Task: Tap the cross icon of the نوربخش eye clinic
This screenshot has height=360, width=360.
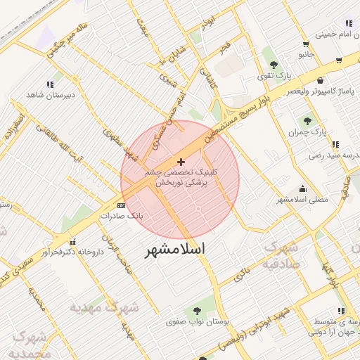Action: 181,162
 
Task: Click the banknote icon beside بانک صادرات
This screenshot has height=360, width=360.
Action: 121,205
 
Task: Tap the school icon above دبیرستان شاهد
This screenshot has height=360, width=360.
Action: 50,84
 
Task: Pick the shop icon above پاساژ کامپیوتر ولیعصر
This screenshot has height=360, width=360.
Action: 321,80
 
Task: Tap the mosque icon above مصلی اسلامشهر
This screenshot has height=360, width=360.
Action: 302,188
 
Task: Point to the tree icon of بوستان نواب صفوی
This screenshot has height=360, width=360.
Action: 198,310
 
